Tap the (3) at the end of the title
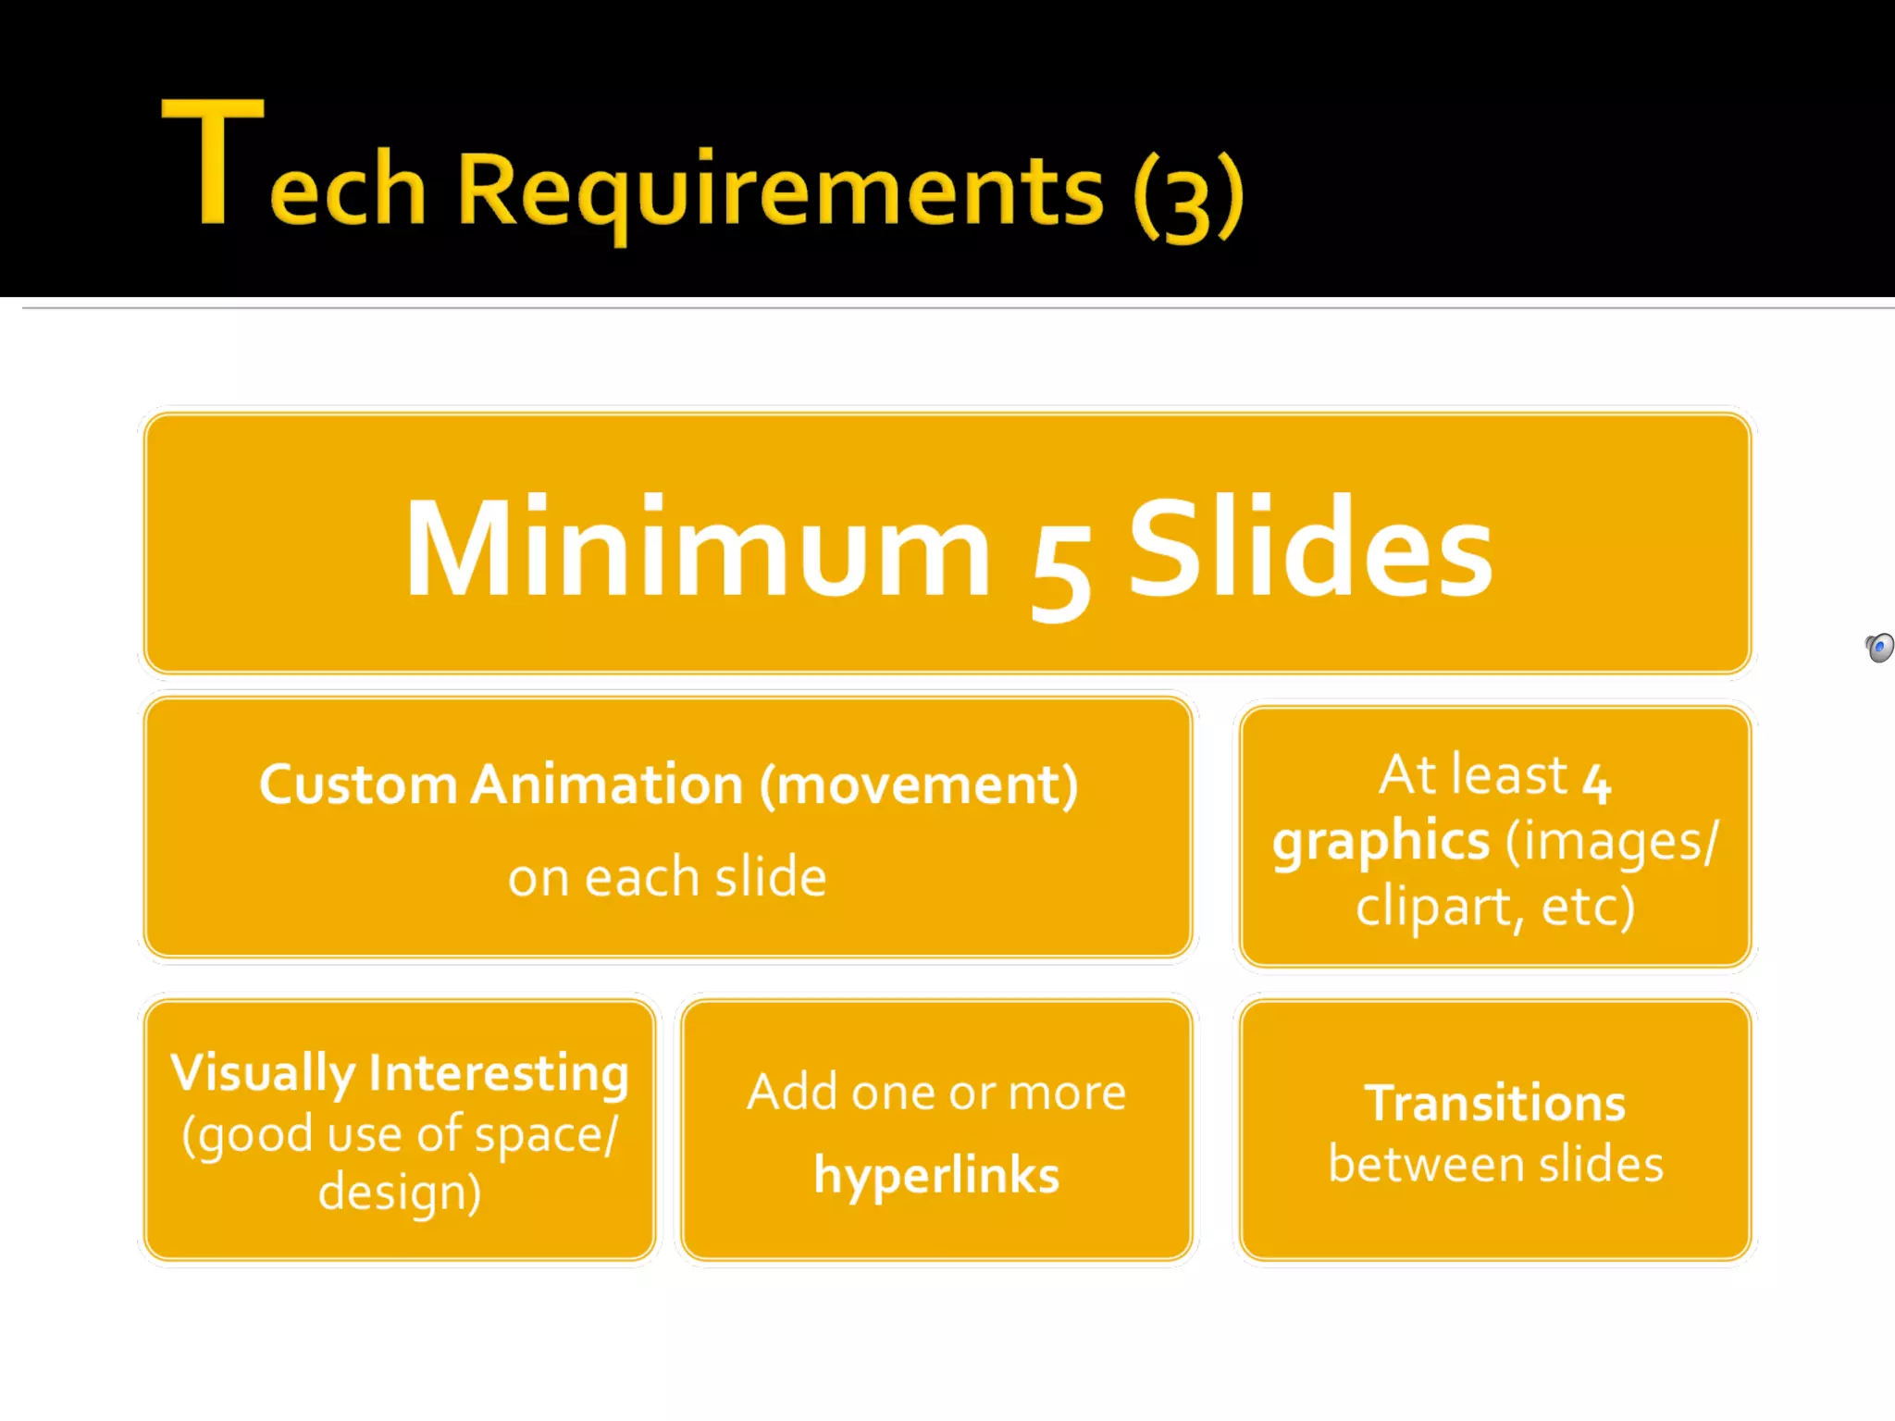[x=1189, y=196]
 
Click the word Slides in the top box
[x=1310, y=548]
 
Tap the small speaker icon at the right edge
[x=1879, y=647]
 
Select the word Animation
[x=607, y=785]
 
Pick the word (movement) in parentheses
[x=919, y=785]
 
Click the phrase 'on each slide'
[x=667, y=877]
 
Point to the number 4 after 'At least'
[x=1596, y=782]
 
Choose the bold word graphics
[x=1381, y=842]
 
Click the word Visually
[x=263, y=1075]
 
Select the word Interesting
[x=499, y=1073]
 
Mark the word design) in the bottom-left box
[x=400, y=1192]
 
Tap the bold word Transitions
[x=1495, y=1104]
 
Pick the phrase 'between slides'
[x=1495, y=1164]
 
